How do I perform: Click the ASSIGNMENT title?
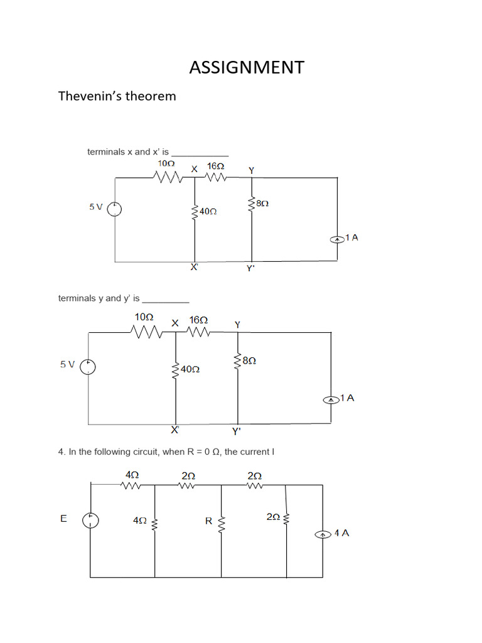[x=247, y=67]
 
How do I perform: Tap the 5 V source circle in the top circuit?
[x=114, y=208]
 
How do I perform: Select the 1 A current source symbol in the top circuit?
[x=337, y=239]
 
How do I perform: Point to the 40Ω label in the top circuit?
[x=208, y=212]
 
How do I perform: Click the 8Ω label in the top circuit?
[x=263, y=203]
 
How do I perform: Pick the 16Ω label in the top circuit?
[x=215, y=166]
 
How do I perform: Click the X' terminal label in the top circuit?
[x=195, y=267]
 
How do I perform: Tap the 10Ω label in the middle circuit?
[x=144, y=317]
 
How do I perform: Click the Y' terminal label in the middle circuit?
[x=237, y=431]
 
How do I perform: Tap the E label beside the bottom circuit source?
[x=63, y=519]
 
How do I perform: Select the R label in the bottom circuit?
[x=209, y=521]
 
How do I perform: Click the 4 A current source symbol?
[x=323, y=534]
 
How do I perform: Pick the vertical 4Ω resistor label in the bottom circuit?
[x=139, y=521]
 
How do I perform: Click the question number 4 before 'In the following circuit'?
[x=61, y=451]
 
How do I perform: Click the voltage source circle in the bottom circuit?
[x=91, y=519]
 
